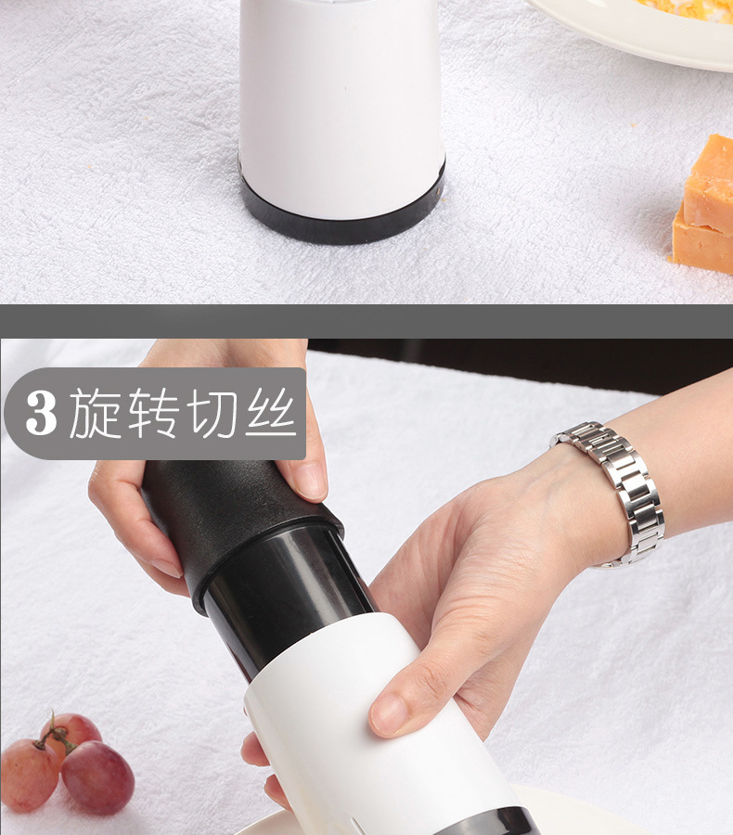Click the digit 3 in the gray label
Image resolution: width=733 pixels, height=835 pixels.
coord(41,413)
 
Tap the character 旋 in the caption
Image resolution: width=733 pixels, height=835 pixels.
coord(96,413)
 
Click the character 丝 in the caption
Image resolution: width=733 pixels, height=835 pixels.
coord(270,413)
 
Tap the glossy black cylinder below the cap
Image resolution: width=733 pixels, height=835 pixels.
coord(288,597)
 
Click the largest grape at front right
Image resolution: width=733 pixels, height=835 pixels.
coord(97,777)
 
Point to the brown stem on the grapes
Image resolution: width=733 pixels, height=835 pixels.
coord(55,735)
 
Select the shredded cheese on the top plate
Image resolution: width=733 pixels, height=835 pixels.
coord(688,9)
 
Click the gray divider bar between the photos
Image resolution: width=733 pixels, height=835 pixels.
coord(366,321)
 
